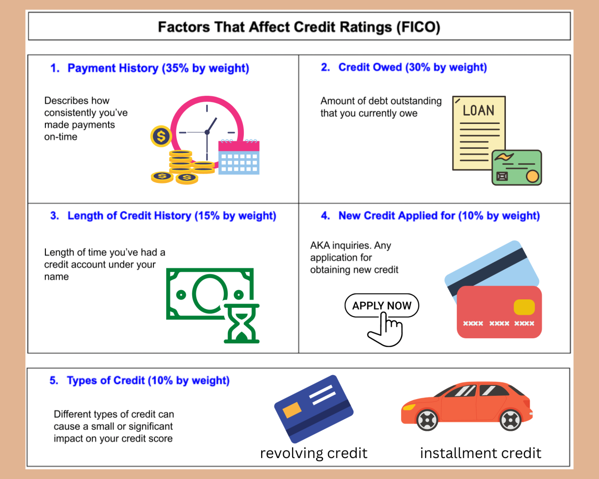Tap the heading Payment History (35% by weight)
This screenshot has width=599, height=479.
[x=158, y=68]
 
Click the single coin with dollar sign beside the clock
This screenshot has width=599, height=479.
[x=161, y=136]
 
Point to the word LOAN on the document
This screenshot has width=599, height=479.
[x=478, y=110]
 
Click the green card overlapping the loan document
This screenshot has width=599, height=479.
[x=517, y=167]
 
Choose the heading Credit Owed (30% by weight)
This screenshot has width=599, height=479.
[x=412, y=67]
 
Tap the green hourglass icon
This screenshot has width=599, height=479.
[x=241, y=324]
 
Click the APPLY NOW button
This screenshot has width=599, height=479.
[x=381, y=305]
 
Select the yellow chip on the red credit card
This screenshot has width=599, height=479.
[x=524, y=307]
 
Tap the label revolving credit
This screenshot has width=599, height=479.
[x=314, y=453]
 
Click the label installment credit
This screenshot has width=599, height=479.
[x=481, y=453]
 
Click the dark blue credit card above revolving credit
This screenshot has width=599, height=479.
[x=314, y=408]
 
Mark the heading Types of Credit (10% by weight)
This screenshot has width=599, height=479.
[x=148, y=381]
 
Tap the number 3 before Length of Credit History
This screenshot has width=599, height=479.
[x=54, y=216]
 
